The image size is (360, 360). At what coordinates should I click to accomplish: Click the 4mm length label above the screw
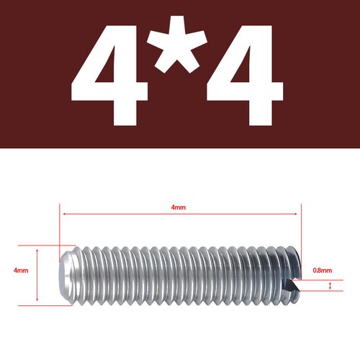pos(179,207)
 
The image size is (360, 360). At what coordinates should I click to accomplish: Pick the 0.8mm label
pos(323,271)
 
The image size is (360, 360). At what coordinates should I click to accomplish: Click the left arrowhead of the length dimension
pos(66,214)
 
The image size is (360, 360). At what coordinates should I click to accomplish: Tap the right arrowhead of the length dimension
pos(296,214)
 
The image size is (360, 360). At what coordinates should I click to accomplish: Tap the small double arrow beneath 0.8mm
pos(330,286)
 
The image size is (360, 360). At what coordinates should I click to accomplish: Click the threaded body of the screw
pos(180,274)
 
